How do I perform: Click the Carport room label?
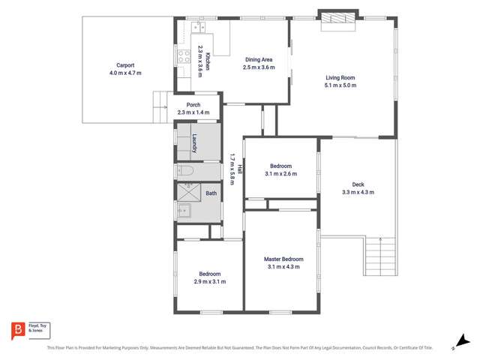point(124,65)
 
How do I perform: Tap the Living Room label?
point(340,77)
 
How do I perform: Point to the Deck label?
point(358,185)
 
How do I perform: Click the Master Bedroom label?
point(283,259)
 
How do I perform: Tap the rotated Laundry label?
point(193,143)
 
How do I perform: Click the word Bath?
point(211,193)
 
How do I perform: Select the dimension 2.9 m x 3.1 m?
point(209,281)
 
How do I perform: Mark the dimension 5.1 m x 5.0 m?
point(340,85)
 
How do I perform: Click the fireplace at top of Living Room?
point(337,21)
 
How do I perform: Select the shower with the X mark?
point(185,192)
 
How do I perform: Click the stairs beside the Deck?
point(380,258)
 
